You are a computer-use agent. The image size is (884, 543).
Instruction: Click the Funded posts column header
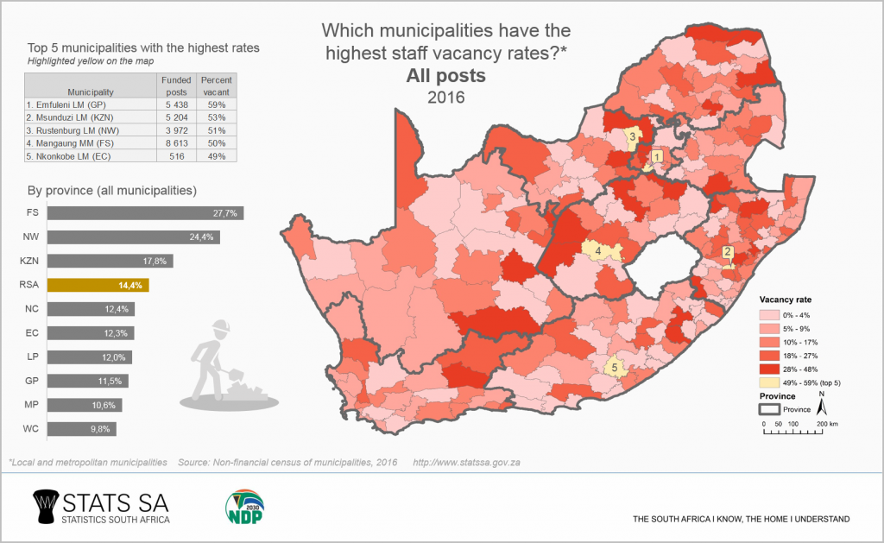pos(176,85)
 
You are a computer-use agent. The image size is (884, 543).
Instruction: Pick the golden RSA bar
pos(98,284)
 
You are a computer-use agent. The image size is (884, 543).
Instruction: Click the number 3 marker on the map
pos(632,136)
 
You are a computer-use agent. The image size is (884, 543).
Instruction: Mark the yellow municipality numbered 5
pos(615,367)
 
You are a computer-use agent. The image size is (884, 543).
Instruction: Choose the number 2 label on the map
pos(727,252)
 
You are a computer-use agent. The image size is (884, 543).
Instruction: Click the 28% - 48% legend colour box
pos(768,368)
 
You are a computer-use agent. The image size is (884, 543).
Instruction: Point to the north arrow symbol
pos(823,403)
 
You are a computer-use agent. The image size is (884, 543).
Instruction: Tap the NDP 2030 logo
pos(244,508)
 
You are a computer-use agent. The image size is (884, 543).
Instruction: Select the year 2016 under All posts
pos(445,97)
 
